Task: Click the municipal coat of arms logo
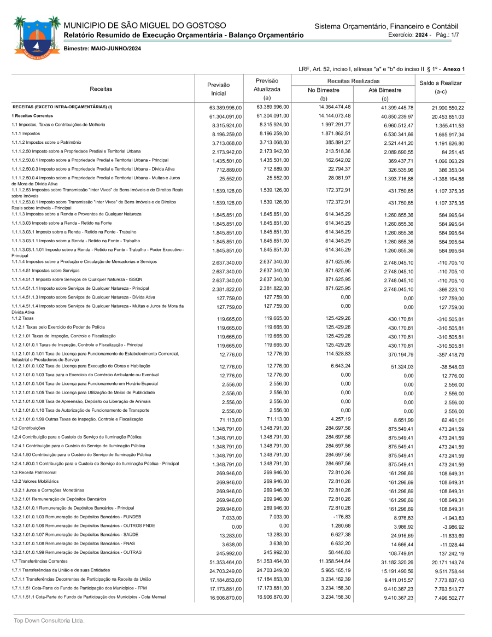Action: click(37, 36)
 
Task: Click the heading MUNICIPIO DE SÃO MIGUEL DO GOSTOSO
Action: click(145, 25)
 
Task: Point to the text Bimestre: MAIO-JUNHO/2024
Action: click(103, 49)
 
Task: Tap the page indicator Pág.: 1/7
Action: click(448, 34)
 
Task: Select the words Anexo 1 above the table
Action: click(454, 69)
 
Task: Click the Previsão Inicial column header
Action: click(218, 89)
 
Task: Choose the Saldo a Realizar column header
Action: click(440, 87)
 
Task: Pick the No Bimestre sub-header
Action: click(324, 90)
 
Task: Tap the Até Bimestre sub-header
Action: click(385, 90)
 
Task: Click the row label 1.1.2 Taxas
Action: click(22, 318)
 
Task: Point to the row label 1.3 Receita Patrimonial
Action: click(34, 472)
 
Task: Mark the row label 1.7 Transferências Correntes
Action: click(39, 561)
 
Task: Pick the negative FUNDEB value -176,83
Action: click(342, 517)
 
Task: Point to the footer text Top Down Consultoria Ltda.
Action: click(49, 621)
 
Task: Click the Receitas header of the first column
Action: click(101, 89)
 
